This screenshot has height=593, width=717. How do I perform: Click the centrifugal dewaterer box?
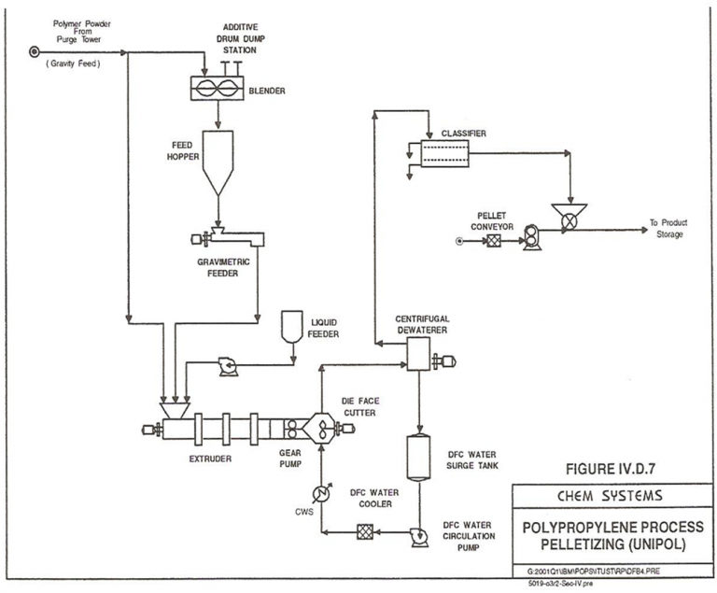pyautogui.click(x=417, y=352)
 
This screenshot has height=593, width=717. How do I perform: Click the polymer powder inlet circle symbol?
pyautogui.click(x=35, y=52)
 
